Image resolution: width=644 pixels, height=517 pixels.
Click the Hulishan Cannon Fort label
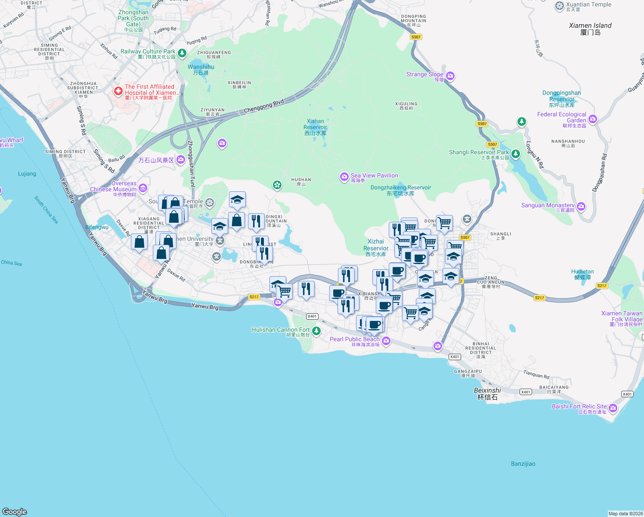(x=281, y=330)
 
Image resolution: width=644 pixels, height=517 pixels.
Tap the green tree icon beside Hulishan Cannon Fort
(x=316, y=331)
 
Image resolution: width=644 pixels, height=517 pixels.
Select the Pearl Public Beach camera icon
(x=386, y=341)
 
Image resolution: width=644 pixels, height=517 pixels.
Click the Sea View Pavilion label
(x=374, y=176)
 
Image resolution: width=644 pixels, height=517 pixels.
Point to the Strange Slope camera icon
(x=450, y=76)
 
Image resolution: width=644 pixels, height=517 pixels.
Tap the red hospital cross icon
(x=118, y=91)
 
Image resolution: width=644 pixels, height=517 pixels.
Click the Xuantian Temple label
(x=588, y=5)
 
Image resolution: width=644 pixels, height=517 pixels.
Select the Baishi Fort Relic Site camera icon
(x=613, y=408)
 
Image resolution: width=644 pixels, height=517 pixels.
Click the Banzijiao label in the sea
(x=523, y=464)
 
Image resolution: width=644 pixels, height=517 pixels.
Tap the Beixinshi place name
(x=487, y=391)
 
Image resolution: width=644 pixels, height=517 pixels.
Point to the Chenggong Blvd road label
(x=264, y=106)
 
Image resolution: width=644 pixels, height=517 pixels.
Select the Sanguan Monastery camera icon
(x=581, y=206)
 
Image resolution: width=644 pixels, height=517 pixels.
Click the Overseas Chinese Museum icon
(x=143, y=188)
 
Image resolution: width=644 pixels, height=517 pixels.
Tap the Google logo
(x=15, y=511)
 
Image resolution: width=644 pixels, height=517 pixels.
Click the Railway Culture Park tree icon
(x=182, y=53)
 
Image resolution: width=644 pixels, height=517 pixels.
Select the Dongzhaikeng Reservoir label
(x=400, y=188)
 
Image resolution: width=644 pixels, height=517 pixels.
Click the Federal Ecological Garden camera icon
(x=593, y=119)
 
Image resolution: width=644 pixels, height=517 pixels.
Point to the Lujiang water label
(x=27, y=174)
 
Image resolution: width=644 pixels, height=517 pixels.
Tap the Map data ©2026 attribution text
(x=625, y=514)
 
